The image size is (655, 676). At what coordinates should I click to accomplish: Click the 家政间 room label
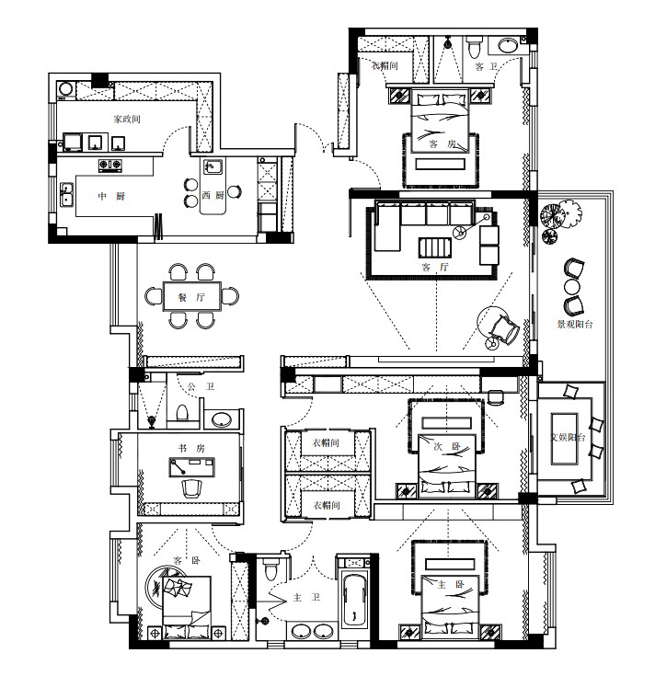click(x=127, y=119)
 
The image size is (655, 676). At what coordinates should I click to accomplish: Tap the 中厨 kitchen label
click(x=111, y=197)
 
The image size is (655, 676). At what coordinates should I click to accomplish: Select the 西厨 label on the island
click(x=213, y=195)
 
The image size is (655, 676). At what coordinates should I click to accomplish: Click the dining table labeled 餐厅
click(x=192, y=296)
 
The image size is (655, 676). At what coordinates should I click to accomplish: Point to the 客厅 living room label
click(x=435, y=268)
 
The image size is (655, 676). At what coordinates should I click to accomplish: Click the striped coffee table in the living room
click(x=434, y=248)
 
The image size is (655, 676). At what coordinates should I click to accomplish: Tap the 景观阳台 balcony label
click(x=575, y=324)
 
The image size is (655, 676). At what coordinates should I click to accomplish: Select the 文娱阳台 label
click(x=568, y=437)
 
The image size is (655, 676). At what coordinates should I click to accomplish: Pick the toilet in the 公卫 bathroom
click(x=182, y=412)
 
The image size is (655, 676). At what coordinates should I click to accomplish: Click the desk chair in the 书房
click(x=192, y=488)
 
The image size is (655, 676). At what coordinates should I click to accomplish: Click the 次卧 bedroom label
click(x=447, y=447)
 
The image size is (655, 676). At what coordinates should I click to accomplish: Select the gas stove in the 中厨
click(x=110, y=165)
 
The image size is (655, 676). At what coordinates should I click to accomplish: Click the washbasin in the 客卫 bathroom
click(x=510, y=45)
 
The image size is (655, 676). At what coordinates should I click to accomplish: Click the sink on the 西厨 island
click(x=213, y=166)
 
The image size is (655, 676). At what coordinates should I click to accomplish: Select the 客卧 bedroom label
click(x=187, y=560)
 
